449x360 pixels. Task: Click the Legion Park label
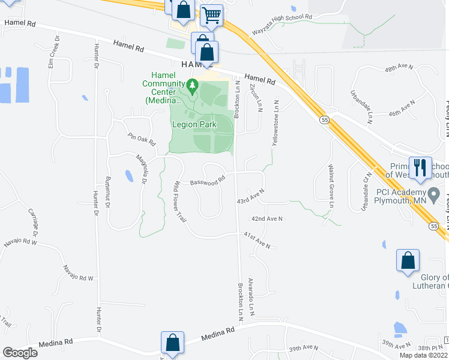193,125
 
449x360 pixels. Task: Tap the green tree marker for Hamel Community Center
192,87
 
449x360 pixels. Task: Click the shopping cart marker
211,16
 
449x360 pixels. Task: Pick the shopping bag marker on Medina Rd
173,343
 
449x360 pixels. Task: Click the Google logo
20,352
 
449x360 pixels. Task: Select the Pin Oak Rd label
142,140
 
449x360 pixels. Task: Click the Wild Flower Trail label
179,202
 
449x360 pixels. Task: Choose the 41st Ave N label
257,241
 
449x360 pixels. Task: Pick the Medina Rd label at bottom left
55,343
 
